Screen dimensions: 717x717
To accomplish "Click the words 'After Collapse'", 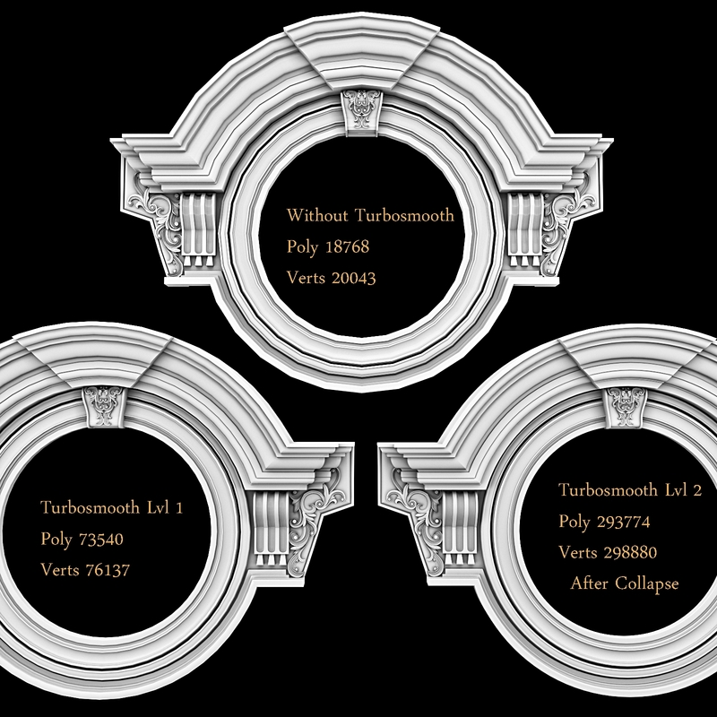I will tap(625, 583).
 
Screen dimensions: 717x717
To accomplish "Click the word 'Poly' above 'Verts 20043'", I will tap(302, 246).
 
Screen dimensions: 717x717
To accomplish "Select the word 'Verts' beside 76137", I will tap(58, 570).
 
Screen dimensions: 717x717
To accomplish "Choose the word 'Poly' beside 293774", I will tap(574, 521).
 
